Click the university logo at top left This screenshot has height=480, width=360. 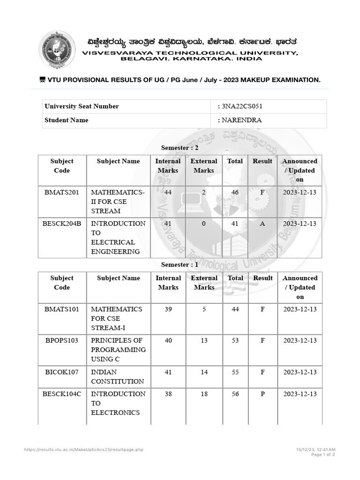pos(56,49)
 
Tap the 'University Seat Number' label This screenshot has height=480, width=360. pos(82,106)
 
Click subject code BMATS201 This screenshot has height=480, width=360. pos(62,192)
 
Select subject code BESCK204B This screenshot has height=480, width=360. pos(62,224)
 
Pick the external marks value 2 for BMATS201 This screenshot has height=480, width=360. pos(203,192)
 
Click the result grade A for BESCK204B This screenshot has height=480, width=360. pos(262,224)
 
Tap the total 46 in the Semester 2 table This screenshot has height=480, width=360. pos(235,192)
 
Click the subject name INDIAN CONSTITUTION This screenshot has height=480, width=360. pos(117,377)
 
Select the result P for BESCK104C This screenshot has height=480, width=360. pos(262,394)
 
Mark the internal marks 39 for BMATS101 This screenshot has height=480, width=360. pos(168,309)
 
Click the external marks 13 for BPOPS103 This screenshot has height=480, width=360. pos(204,340)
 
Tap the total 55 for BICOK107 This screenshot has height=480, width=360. pos(235,372)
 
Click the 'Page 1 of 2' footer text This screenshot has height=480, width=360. pos(322,455)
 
